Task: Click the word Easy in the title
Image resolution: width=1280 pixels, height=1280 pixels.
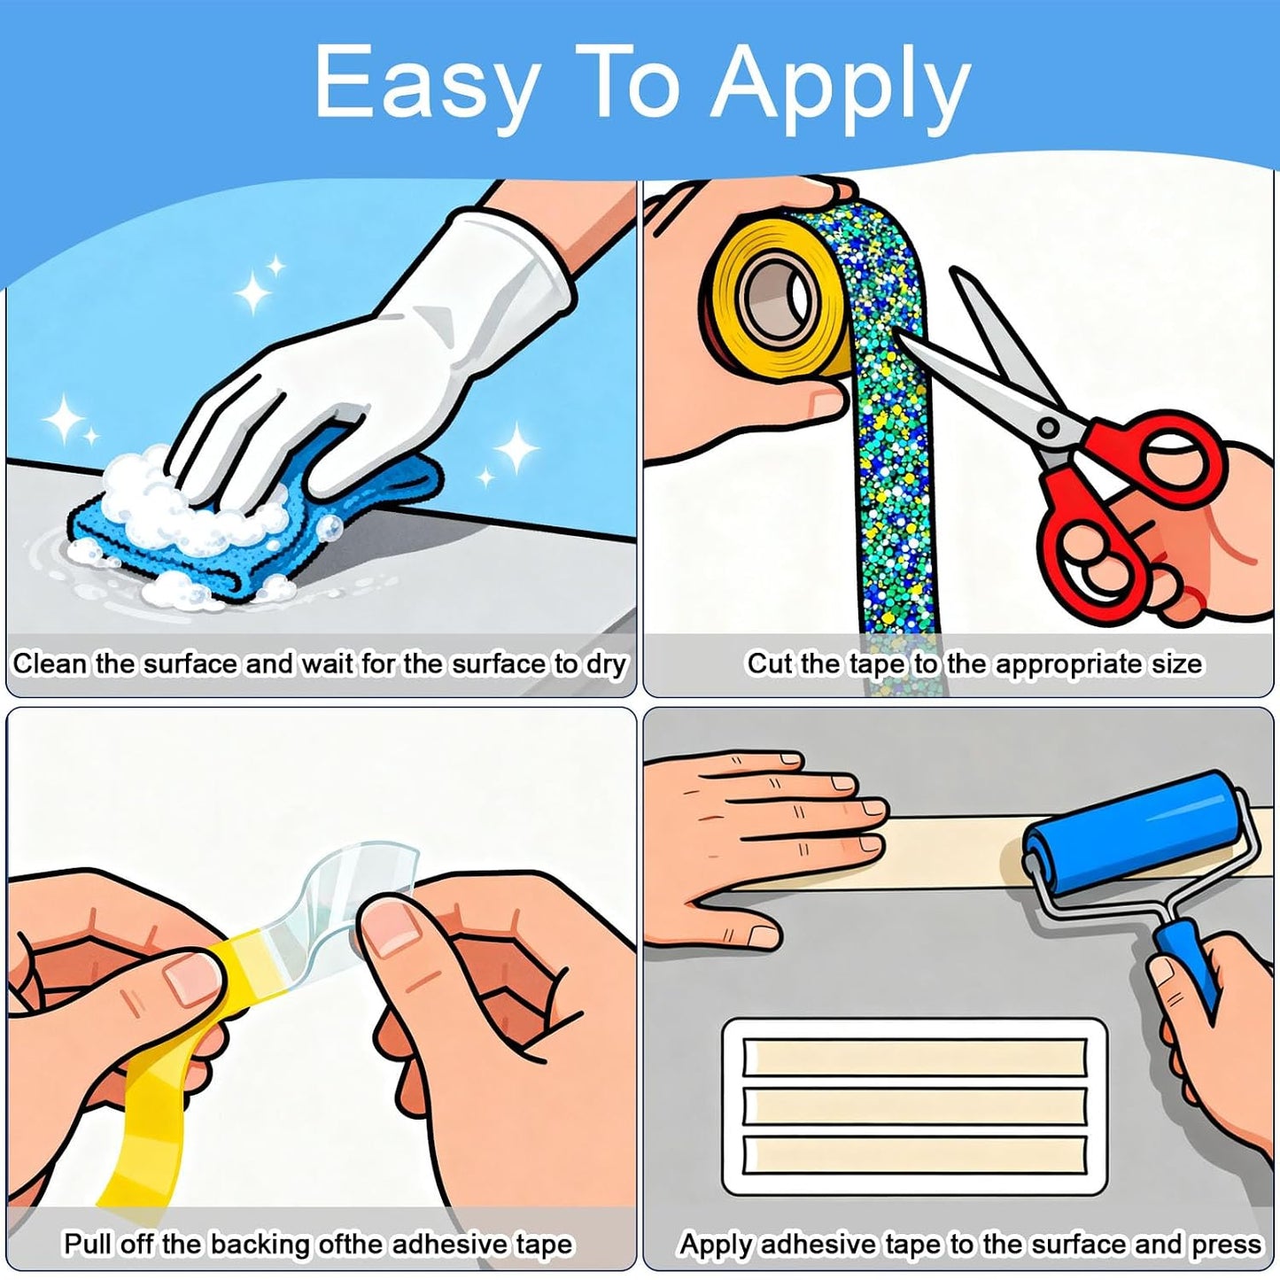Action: [426, 86]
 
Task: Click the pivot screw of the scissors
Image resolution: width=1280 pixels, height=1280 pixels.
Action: [1048, 426]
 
